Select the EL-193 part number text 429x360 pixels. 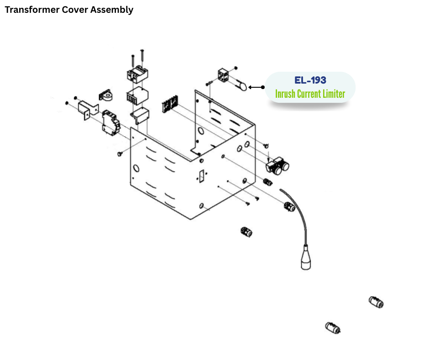click(310, 80)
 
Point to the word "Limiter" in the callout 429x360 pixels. click(333, 95)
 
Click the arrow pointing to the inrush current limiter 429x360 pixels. click(256, 87)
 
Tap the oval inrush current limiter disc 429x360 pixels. click(242, 86)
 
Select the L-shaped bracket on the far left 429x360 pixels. click(88, 110)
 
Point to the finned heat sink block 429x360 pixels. click(136, 97)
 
